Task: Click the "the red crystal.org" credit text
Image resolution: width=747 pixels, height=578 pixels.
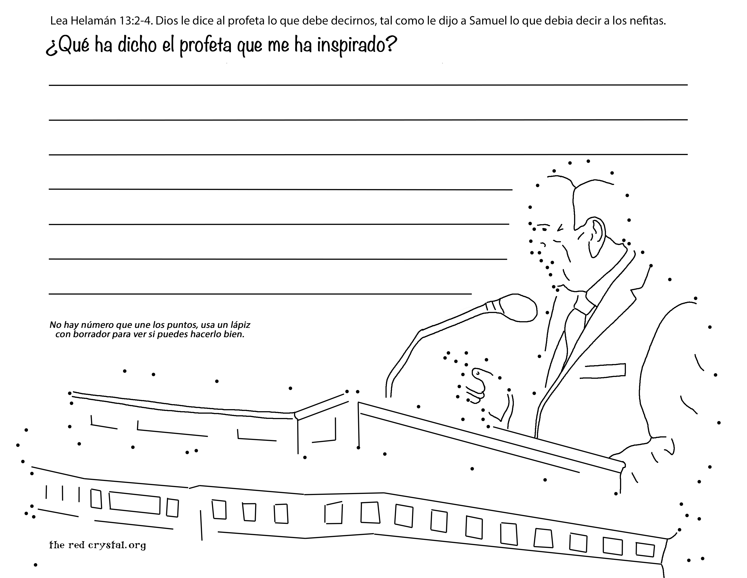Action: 98,545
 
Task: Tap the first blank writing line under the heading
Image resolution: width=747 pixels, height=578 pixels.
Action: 368,85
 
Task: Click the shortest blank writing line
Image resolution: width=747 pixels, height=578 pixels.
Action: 260,294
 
